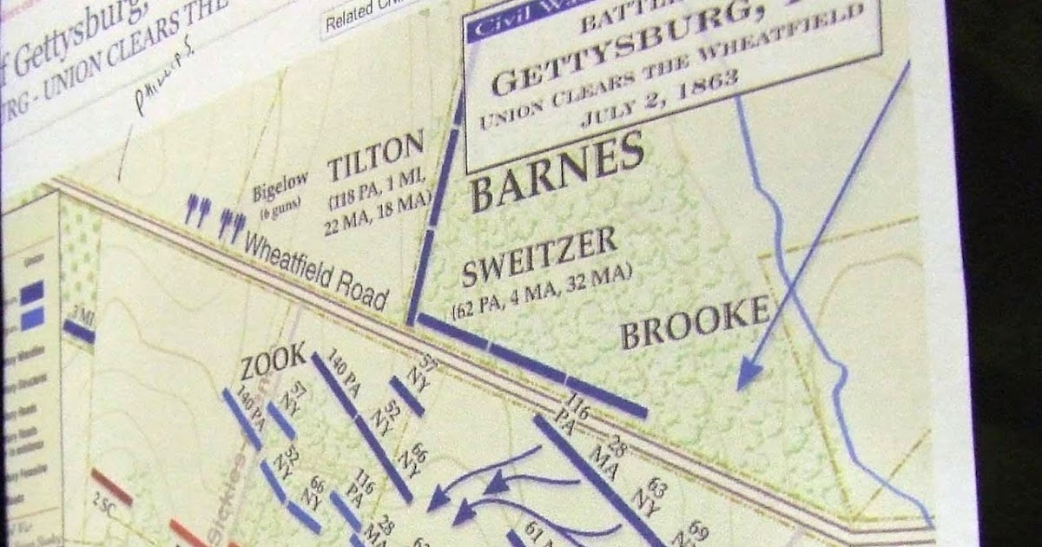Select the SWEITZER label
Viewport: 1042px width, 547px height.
[538, 258]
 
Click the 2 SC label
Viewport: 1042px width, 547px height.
[102, 504]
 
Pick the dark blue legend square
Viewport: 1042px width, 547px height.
[32, 293]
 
